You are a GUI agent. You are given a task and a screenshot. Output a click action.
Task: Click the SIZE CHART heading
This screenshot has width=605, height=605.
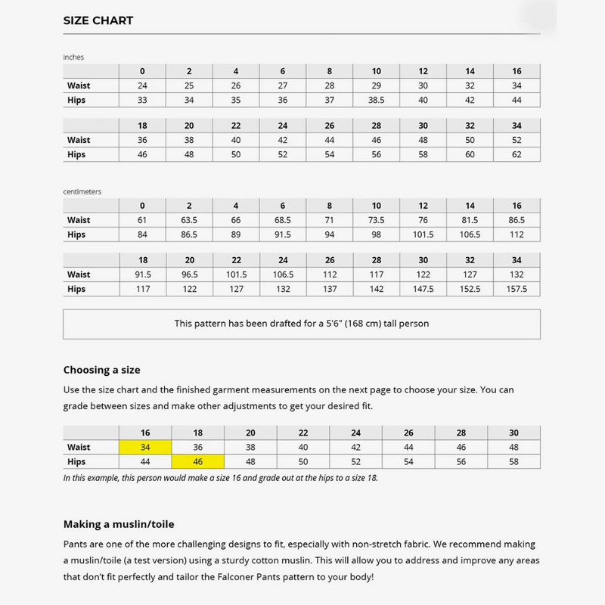[x=98, y=20]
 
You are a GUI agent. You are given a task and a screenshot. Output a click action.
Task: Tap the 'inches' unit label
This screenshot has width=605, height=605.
[x=73, y=57]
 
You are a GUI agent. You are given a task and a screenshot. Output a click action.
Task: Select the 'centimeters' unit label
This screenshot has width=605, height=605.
[x=82, y=191]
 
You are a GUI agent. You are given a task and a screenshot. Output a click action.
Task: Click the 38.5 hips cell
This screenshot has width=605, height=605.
[x=377, y=100]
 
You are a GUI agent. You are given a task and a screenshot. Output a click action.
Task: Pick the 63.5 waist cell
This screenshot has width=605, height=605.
[x=189, y=220]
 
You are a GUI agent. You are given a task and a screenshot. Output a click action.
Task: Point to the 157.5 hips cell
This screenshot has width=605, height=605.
[x=517, y=289]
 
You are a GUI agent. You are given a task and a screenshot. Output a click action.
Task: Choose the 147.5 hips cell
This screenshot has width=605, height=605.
[x=423, y=289]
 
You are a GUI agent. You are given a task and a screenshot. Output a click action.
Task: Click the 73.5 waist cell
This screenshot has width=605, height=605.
[x=377, y=220]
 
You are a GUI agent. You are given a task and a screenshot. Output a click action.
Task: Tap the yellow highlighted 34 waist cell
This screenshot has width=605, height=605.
[x=146, y=447]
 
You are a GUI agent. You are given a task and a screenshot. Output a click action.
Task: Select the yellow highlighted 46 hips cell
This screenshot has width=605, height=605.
[x=198, y=461]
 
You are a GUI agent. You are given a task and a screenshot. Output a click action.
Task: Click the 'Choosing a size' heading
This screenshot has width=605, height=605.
[x=101, y=370]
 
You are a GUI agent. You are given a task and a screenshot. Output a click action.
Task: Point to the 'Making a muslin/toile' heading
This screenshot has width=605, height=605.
[x=119, y=523]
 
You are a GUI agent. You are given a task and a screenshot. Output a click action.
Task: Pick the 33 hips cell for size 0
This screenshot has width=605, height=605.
[x=142, y=100]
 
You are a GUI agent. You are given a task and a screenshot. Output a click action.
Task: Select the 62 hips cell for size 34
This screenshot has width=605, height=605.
[x=517, y=154]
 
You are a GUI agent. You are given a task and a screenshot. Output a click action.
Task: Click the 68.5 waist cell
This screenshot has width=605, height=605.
[x=283, y=220]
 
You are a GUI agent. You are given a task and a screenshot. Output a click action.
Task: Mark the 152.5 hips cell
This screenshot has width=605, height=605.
[x=470, y=289]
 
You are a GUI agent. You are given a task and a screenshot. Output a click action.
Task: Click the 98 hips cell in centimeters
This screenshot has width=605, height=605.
[x=377, y=234]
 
